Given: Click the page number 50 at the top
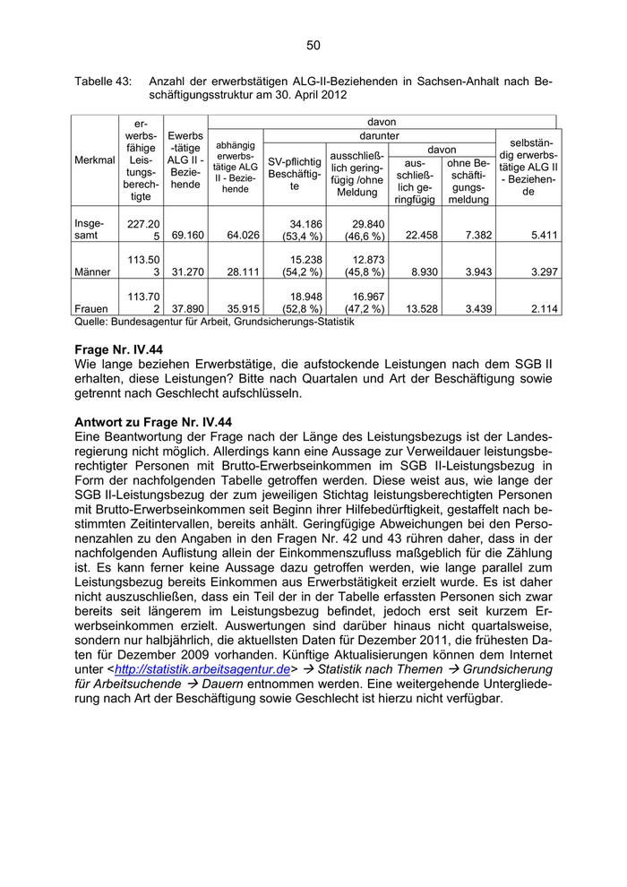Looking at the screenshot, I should click(x=313, y=46).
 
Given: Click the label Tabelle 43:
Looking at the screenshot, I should click(x=103, y=81).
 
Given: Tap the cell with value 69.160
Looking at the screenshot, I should click(x=185, y=236).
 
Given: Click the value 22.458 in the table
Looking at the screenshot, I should click(x=415, y=236).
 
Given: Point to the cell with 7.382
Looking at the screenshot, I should click(x=468, y=236).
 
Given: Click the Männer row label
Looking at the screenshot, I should click(x=94, y=271).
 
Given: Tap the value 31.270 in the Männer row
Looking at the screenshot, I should click(x=185, y=271).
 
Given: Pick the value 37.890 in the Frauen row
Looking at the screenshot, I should click(x=185, y=309).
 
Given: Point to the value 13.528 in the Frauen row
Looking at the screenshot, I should click(x=415, y=309).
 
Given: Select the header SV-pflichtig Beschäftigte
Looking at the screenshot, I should click(x=295, y=174).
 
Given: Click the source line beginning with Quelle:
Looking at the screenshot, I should click(x=214, y=322).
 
